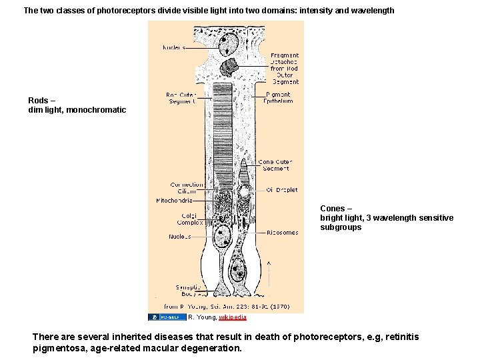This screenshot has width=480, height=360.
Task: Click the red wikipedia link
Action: pos(233,317)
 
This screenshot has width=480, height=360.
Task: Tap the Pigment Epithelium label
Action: pos(277,98)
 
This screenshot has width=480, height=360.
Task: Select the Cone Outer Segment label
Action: pos(275,165)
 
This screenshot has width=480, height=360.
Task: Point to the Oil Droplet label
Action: pos(282,190)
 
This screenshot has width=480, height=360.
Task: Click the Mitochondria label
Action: pos(175,200)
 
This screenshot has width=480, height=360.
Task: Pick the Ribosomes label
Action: pos(282,233)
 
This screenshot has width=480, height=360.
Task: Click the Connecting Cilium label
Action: pos(187,188)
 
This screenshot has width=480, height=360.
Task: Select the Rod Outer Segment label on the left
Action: pos(181,98)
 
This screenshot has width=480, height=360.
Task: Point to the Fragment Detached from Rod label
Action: pos(285,69)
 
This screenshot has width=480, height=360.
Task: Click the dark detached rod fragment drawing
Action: pos(231,67)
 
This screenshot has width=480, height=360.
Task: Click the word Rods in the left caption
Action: pos(38,100)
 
